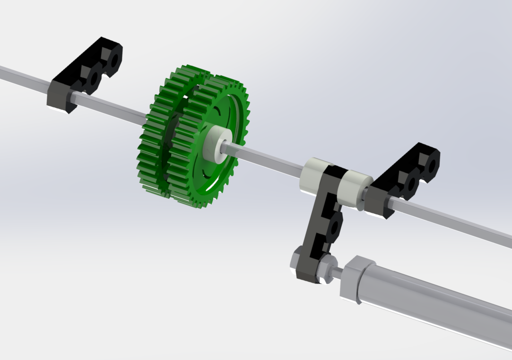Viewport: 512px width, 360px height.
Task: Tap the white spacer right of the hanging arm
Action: click(x=352, y=190)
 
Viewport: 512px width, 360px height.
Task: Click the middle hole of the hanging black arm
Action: click(x=334, y=227)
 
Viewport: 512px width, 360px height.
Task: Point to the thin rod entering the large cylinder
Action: click(x=337, y=272)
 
